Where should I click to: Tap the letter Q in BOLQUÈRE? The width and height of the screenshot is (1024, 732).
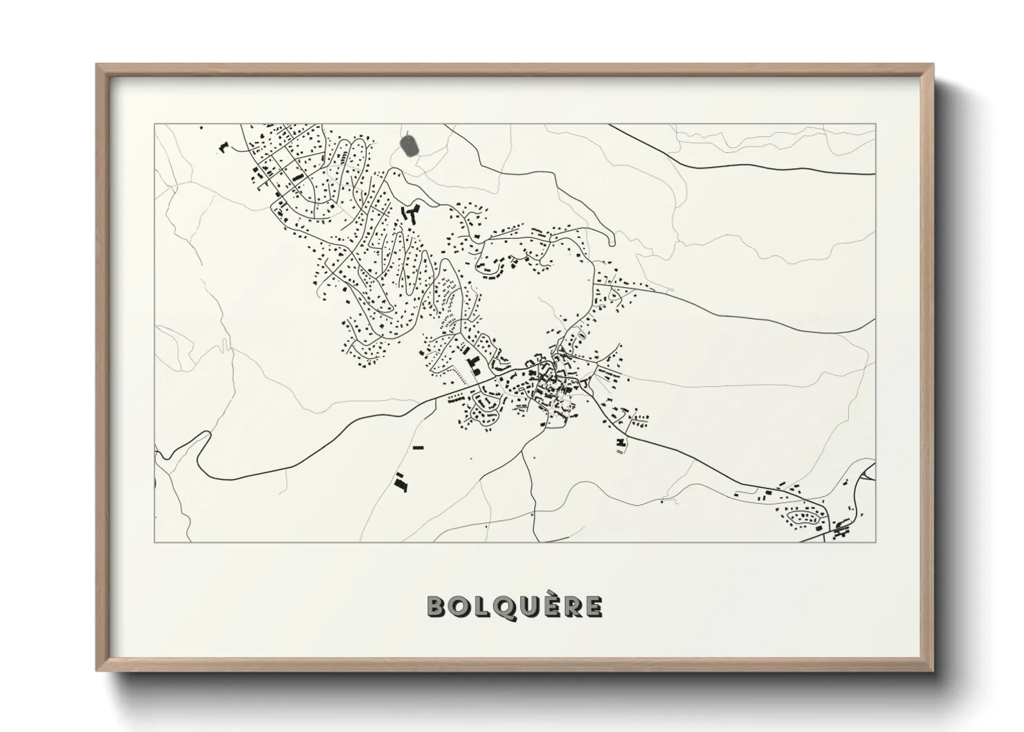click(x=504, y=607)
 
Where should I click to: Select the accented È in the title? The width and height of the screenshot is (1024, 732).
click(x=549, y=606)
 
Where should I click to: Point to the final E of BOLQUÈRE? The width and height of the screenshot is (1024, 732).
click(x=592, y=607)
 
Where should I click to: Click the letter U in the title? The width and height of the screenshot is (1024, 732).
click(x=528, y=607)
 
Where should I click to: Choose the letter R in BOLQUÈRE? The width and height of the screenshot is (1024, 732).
click(x=570, y=607)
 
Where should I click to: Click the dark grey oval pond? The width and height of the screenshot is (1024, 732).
click(x=409, y=145)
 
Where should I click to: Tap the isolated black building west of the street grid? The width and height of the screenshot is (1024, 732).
click(x=223, y=147)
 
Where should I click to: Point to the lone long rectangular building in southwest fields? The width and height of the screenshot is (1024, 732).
click(x=417, y=448)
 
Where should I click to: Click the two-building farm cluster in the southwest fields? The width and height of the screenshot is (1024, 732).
click(x=400, y=482)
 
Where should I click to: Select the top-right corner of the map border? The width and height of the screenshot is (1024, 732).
click(x=875, y=124)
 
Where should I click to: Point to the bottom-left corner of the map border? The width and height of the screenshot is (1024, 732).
click(x=154, y=542)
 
